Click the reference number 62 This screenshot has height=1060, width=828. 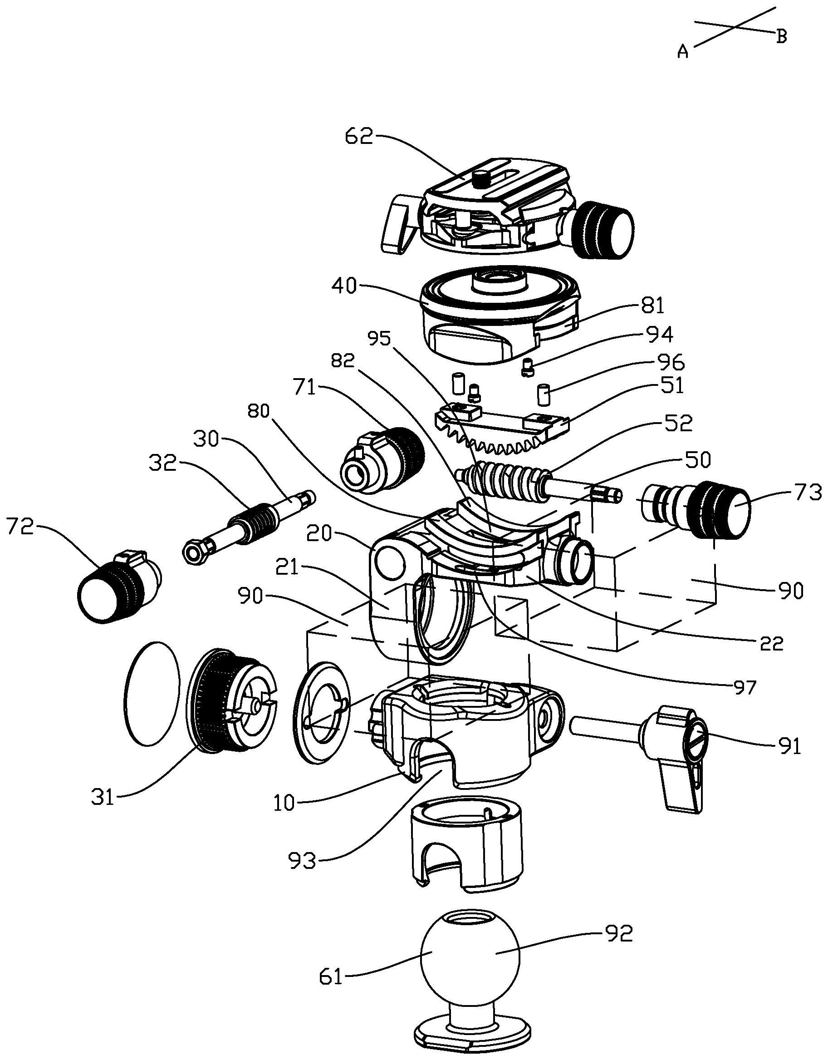coord(359,136)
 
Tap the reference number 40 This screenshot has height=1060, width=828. coord(344,286)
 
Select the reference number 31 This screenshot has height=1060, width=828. coord(103,798)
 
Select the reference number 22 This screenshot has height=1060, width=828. coord(771,644)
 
